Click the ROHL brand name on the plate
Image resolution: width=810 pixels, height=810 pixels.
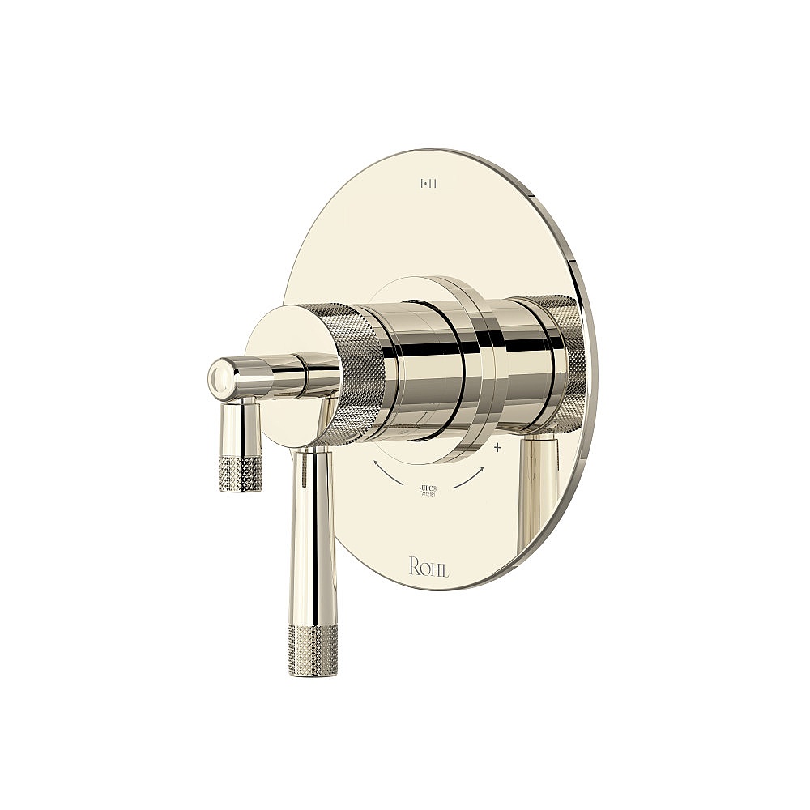point(428,567)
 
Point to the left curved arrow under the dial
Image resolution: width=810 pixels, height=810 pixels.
point(390,474)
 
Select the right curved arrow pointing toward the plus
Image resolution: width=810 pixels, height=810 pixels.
point(471,477)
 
